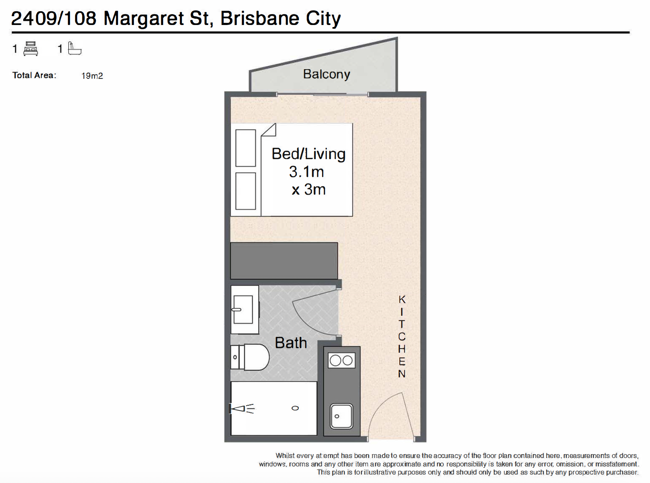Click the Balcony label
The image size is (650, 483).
pyautogui.click(x=326, y=74)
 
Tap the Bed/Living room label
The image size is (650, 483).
pyautogui.click(x=308, y=154)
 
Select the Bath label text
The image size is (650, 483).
pyautogui.click(x=290, y=343)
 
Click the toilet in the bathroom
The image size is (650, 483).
pyautogui.click(x=250, y=357)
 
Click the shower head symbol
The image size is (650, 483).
pyautogui.click(x=242, y=408)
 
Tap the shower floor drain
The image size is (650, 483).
pyautogui.click(x=295, y=408)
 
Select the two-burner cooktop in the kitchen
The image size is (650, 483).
pyautogui.click(x=342, y=360)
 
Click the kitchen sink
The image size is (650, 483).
pyautogui.click(x=341, y=416)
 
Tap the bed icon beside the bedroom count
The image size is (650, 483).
pyautogui.click(x=31, y=49)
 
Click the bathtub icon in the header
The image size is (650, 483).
pyautogui.click(x=74, y=48)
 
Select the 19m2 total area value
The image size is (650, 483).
pyautogui.click(x=92, y=76)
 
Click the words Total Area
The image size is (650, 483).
pyautogui.click(x=34, y=75)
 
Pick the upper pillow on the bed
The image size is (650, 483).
pyautogui.click(x=245, y=148)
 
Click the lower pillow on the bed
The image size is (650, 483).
pyautogui.click(x=245, y=191)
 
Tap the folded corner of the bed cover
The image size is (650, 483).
pyautogui.click(x=269, y=130)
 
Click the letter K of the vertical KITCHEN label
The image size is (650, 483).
pyautogui.click(x=402, y=300)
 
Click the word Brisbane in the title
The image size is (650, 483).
pyautogui.click(x=260, y=18)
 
